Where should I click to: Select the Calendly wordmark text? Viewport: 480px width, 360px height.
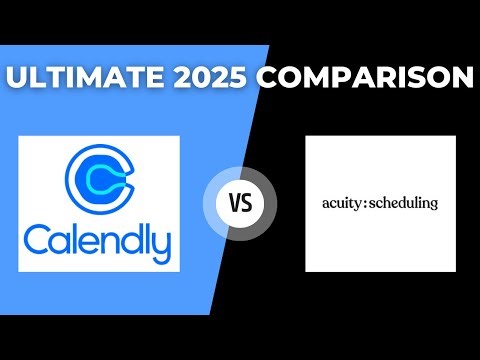(x=99, y=242)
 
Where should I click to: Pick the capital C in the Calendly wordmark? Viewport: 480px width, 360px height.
(x=40, y=241)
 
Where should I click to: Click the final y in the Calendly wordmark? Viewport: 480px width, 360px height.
(x=160, y=246)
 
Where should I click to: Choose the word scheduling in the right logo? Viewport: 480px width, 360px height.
(x=402, y=204)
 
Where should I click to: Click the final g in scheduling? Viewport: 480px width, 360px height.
(x=433, y=206)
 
